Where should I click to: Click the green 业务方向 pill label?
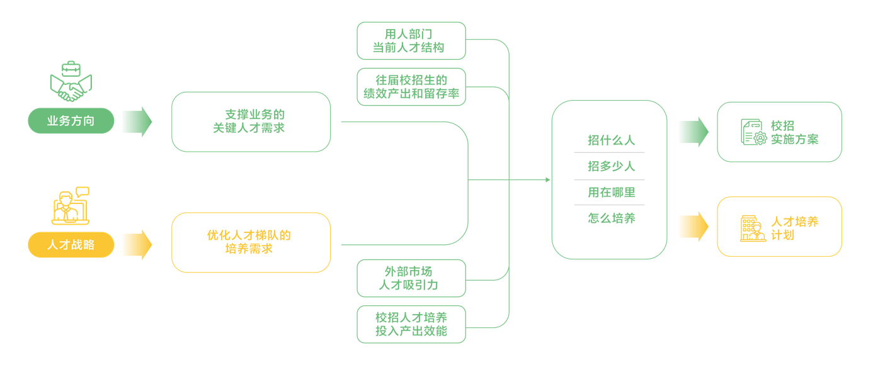click(71, 121)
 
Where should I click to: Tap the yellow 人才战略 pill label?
click(71, 245)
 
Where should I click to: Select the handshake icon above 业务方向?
click(71, 84)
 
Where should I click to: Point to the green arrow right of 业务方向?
click(137, 121)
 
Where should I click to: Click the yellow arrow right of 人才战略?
click(137, 244)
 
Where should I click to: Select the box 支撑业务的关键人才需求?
click(251, 121)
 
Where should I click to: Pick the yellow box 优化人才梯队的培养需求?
click(251, 242)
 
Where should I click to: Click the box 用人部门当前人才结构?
click(411, 41)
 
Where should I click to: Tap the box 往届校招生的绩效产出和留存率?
click(411, 87)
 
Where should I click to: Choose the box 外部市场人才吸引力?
click(411, 278)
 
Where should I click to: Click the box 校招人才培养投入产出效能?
click(411, 324)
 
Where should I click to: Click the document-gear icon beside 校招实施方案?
click(753, 132)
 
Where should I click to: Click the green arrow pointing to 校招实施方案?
click(693, 132)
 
